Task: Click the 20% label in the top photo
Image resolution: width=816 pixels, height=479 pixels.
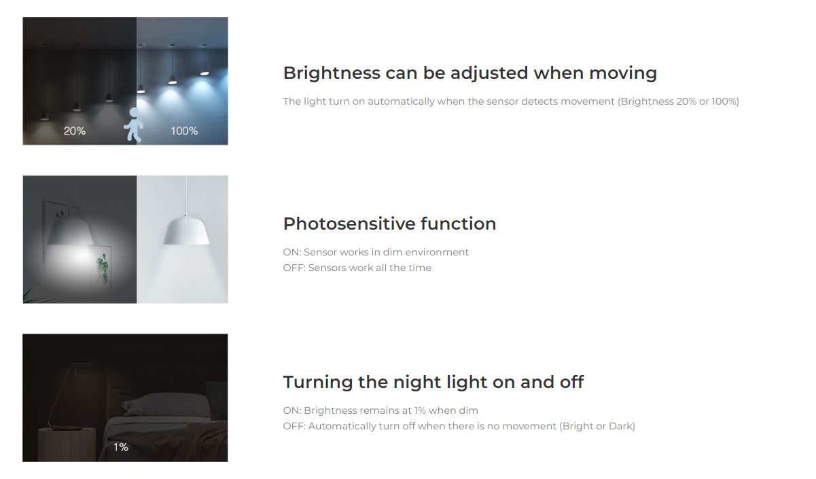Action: pos(75,130)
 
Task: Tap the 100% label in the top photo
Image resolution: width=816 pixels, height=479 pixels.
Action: pos(184,130)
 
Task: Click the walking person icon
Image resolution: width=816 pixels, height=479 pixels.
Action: pos(133,124)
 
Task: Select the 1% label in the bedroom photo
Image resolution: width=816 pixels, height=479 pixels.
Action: pos(120,447)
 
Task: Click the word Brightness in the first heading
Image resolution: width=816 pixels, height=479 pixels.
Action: pos(332,73)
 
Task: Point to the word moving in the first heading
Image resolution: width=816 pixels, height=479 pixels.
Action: pos(623,73)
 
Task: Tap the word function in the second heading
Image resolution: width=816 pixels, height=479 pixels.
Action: pos(458,224)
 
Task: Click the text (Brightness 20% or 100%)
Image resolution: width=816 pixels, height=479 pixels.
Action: pos(678,101)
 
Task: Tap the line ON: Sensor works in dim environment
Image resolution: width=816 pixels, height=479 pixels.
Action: pos(376,252)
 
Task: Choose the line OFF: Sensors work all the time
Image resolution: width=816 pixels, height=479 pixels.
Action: pos(357,268)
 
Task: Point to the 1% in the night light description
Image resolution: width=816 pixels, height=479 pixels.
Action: pos(420,410)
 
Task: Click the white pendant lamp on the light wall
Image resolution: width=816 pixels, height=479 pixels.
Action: pos(186,230)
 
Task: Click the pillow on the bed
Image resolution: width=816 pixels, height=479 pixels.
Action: pos(166,405)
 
